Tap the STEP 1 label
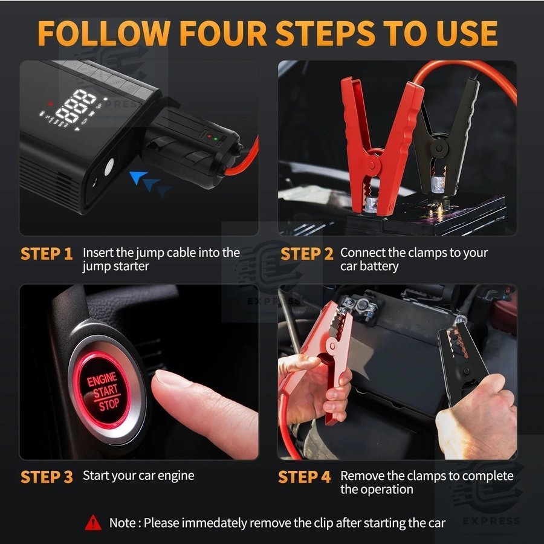point(47,254)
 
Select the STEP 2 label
point(306,254)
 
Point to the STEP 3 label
point(47,477)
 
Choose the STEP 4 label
point(304,477)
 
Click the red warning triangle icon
point(93,522)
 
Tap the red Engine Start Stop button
point(103,390)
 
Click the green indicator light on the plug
point(215,139)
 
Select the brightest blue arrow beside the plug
point(137,176)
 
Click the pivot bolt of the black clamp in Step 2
point(439,147)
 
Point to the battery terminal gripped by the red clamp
point(372,205)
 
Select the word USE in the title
point(467,33)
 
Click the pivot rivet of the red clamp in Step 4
point(332,345)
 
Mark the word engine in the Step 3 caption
point(176,476)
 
